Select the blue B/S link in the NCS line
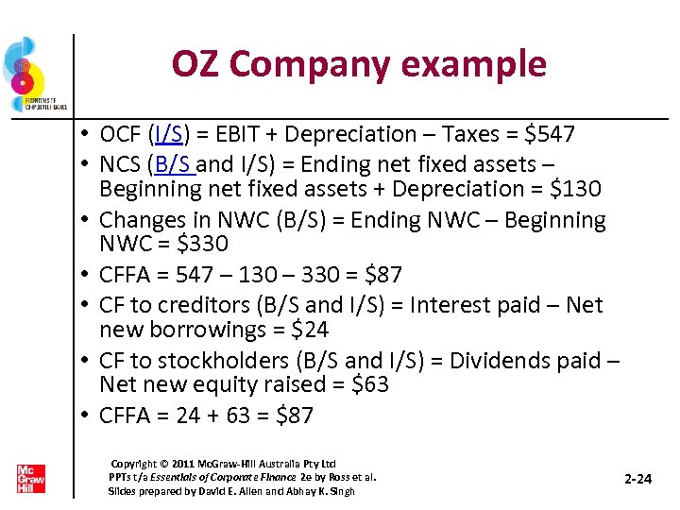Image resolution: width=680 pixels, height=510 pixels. pos(174,161)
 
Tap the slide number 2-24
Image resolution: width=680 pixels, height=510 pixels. pos(638,479)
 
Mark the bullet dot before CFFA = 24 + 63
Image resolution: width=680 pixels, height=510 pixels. pos(85,416)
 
